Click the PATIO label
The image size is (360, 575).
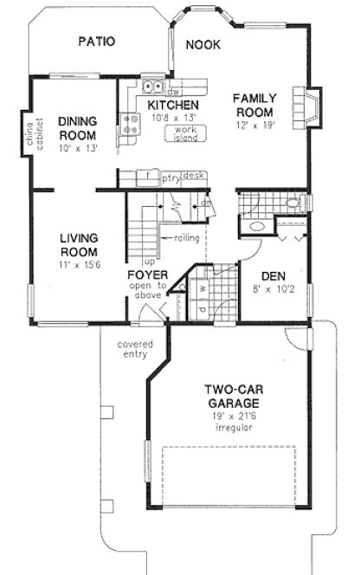(95, 41)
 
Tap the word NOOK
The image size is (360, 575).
(203, 44)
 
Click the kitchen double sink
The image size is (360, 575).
(154, 86)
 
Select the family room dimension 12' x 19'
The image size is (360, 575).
(253, 126)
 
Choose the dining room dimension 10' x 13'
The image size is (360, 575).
(77, 148)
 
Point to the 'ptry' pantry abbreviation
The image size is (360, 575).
(170, 177)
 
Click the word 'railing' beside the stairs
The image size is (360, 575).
(187, 237)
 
